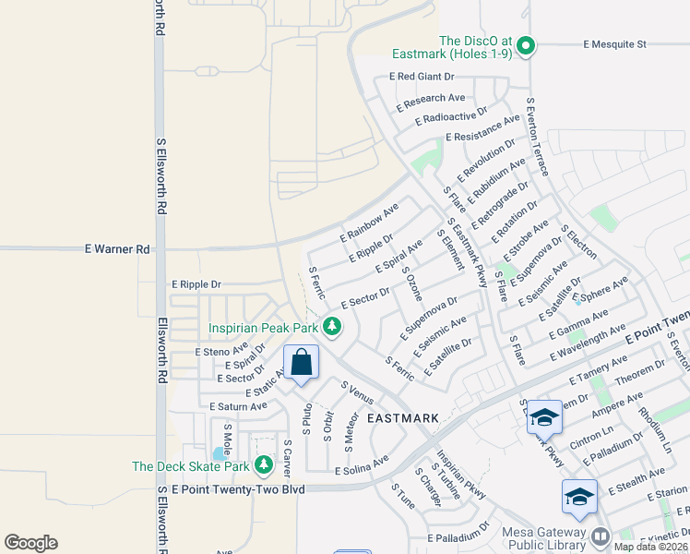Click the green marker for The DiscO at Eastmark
coord(526,44)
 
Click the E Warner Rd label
coord(117,249)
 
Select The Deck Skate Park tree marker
coord(265,463)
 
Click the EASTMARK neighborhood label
coord(402,418)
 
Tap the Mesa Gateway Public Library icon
coord(601,536)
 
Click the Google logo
coord(30,543)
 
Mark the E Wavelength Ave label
coord(588,345)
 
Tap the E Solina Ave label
coord(362,469)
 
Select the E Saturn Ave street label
coord(238,406)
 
